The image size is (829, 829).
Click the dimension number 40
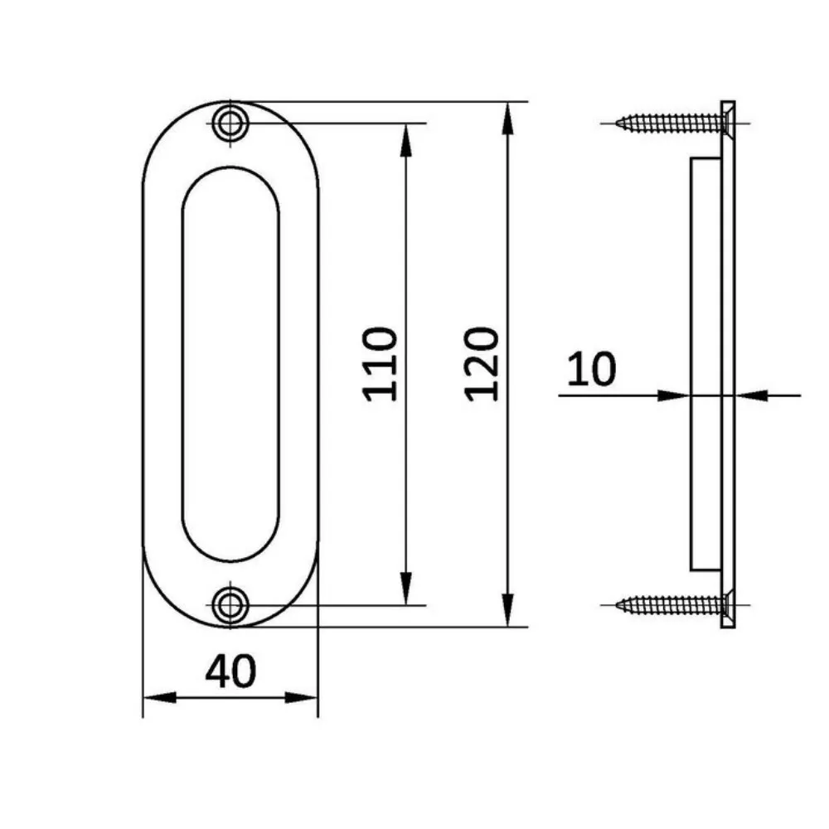230,671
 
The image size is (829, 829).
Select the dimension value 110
381,363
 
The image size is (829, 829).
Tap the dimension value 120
481,363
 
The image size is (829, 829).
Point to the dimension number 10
592,369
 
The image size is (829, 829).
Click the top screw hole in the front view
230,124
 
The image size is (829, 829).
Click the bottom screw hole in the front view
230,604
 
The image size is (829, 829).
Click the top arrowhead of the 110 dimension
405,137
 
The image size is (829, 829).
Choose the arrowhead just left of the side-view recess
676,395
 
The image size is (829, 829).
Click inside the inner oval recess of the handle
230,363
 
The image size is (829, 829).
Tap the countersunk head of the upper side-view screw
726,124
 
